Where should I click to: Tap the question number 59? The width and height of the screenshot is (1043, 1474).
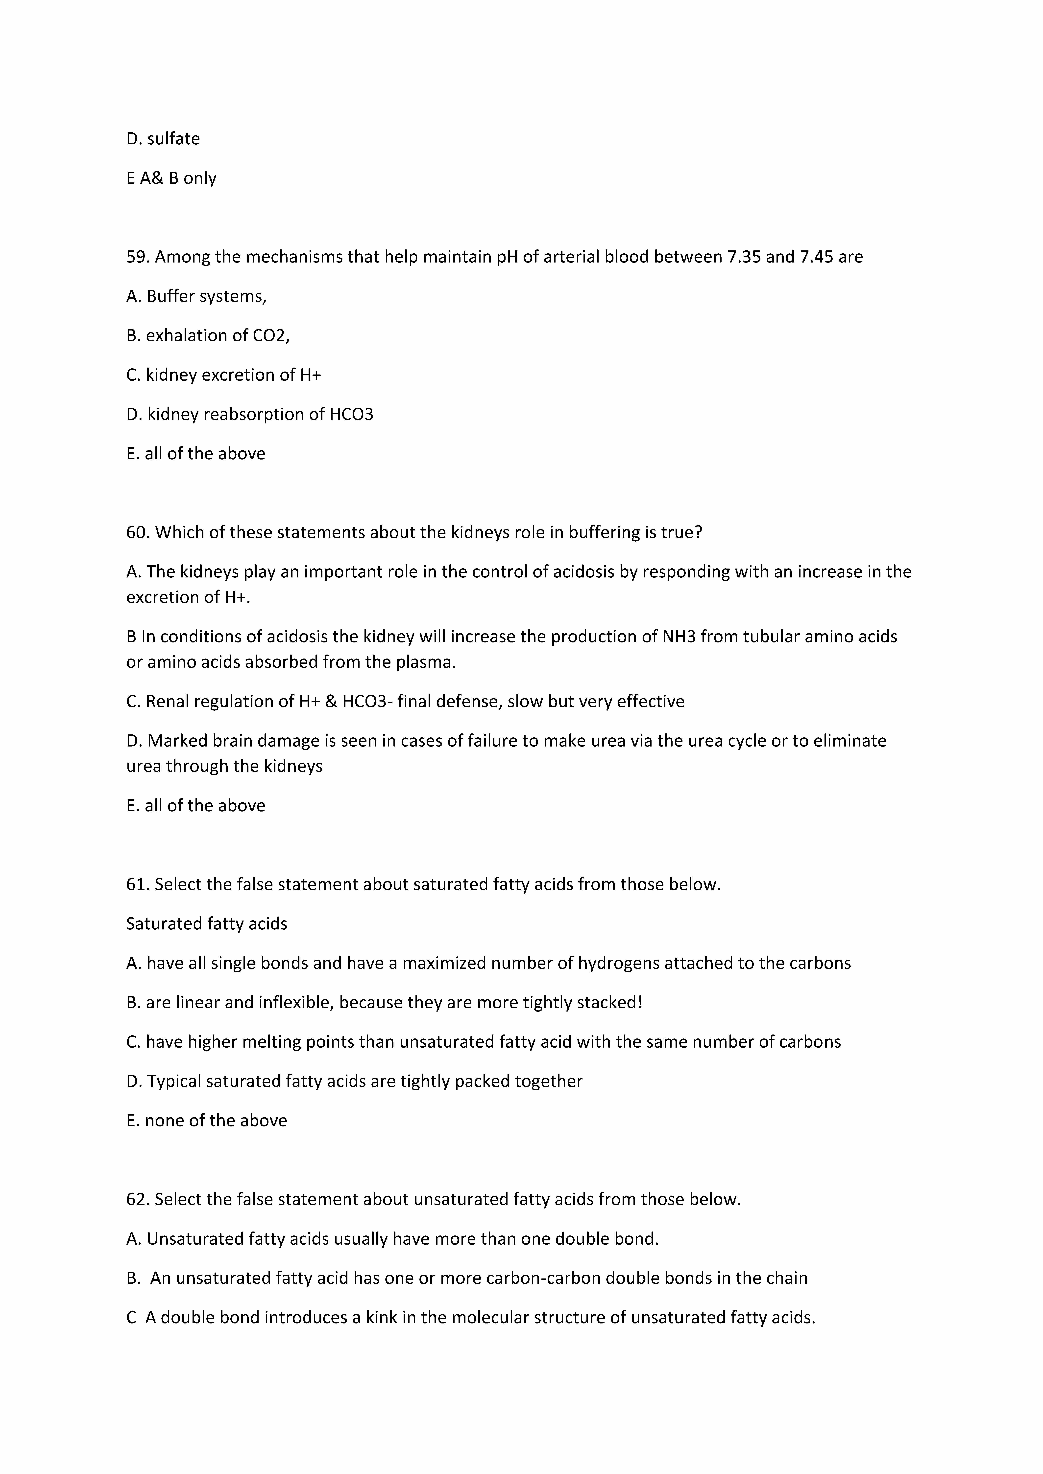[137, 257]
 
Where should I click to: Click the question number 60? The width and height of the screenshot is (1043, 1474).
[137, 532]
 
